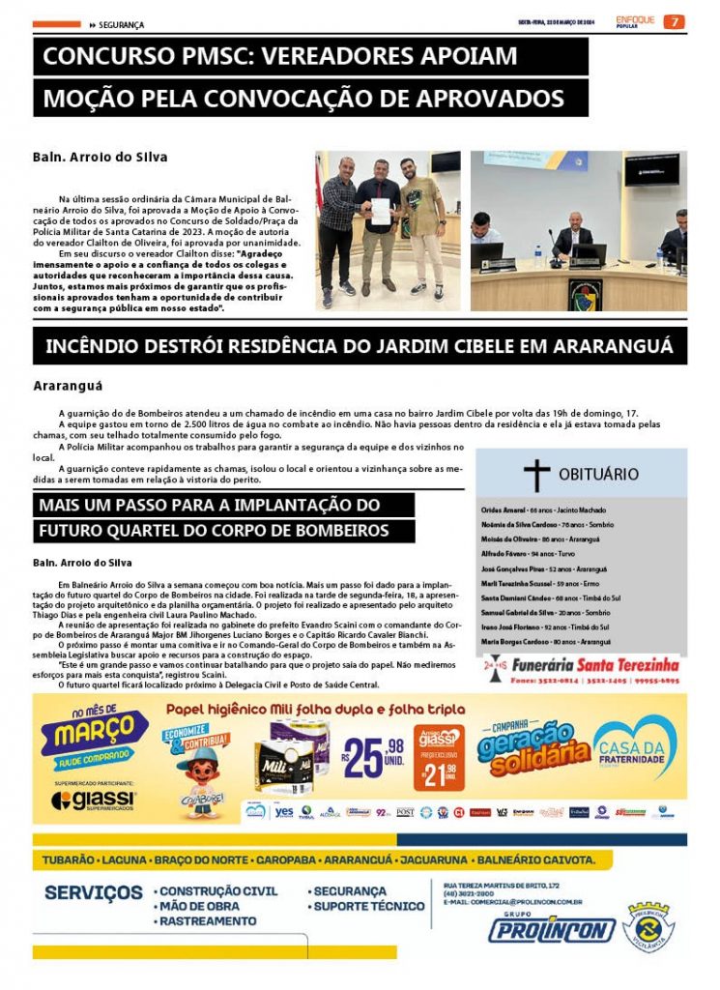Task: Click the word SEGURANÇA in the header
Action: coord(122,24)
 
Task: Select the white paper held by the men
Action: coord(381,211)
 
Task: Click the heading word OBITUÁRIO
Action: coord(598,474)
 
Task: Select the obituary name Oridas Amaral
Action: coord(502,510)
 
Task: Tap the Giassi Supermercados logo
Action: coord(95,801)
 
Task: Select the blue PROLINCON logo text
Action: coord(552,930)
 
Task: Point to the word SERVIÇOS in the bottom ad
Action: coord(94,892)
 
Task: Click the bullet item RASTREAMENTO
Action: coord(207,921)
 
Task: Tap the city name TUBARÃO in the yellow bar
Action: coord(70,859)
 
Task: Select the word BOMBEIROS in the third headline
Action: coord(330,531)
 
